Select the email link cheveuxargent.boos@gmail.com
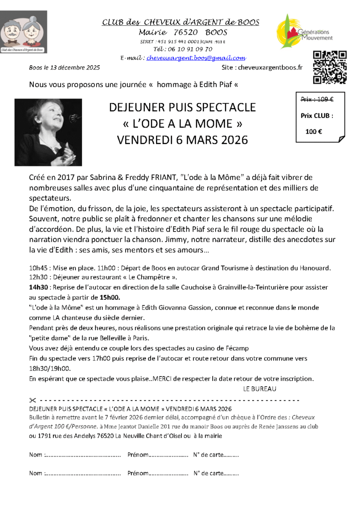[196, 58]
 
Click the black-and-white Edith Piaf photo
[48, 132]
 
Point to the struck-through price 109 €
[316, 99]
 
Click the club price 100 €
[314, 132]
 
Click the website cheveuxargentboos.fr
[270, 67]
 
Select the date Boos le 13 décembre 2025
[64, 67]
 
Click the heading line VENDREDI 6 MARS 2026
[182, 140]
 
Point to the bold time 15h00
[110, 297]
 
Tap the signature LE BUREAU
[260, 389]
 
